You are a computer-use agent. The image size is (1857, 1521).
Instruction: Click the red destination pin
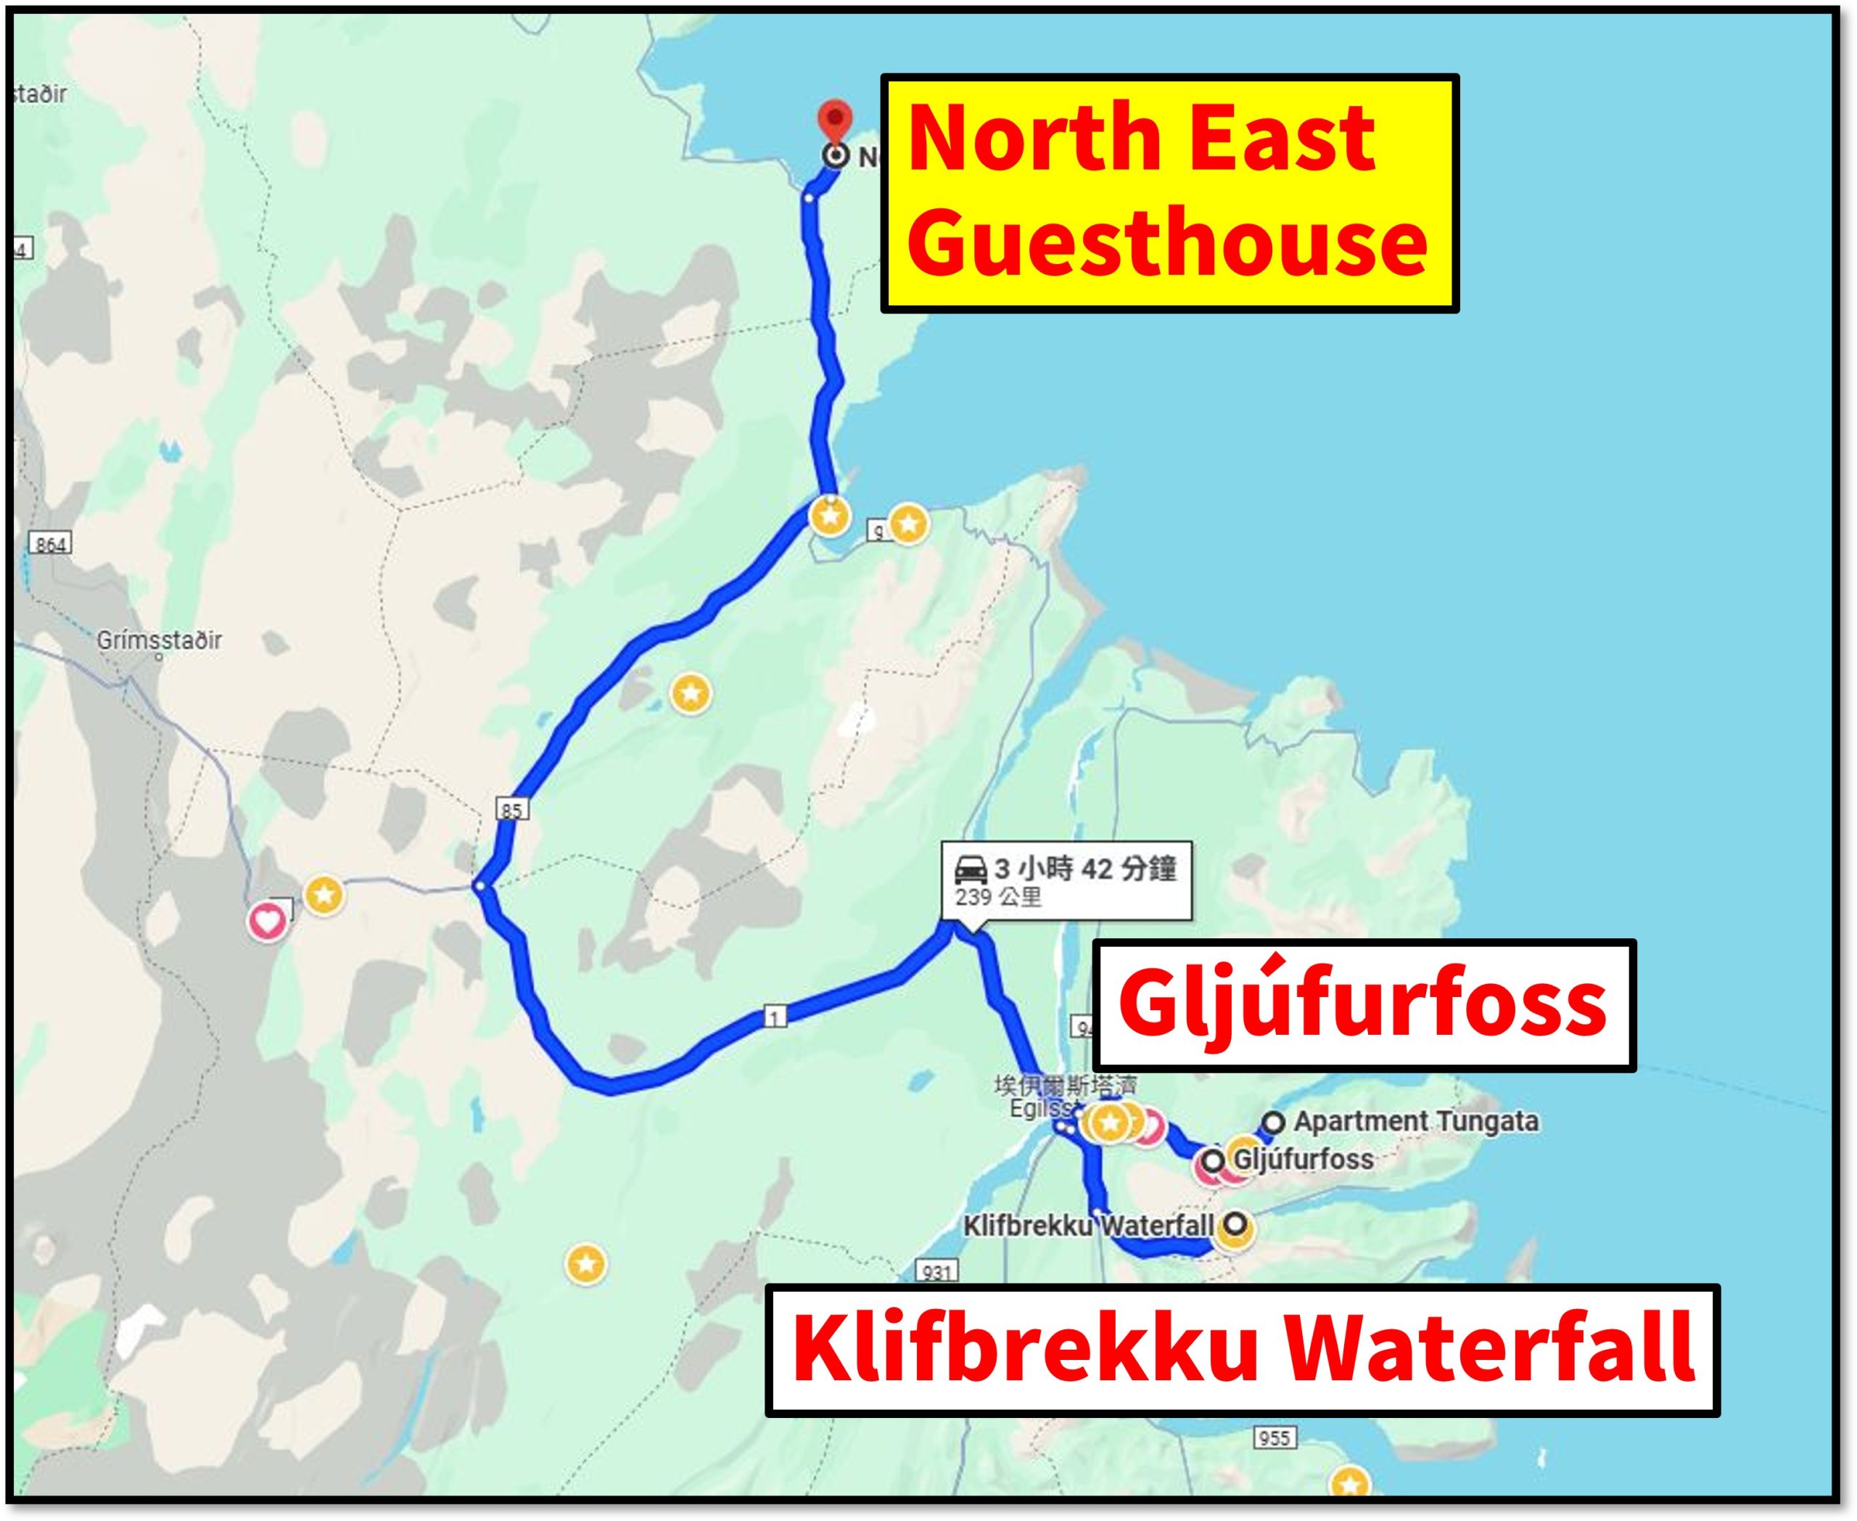coord(835,120)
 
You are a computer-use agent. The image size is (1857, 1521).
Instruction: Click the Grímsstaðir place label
coord(160,641)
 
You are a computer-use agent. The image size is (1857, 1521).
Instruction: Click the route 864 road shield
coord(50,544)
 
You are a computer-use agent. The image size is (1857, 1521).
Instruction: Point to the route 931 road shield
coord(936,1271)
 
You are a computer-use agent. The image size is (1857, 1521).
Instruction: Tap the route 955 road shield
coord(1274,1438)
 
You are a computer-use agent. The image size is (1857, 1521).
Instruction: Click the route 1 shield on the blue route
coord(774,1017)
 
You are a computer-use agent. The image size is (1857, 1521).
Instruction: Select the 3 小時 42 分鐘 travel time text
coord(1084,869)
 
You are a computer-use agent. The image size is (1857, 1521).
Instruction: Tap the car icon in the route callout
coord(971,870)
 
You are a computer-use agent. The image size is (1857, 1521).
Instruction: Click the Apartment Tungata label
coord(1415,1121)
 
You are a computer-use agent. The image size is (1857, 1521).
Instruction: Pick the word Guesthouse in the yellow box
coord(1166,241)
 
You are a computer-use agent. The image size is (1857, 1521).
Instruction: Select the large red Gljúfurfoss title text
coord(1362,1005)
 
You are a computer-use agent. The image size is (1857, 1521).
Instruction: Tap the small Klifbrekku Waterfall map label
coord(1089,1226)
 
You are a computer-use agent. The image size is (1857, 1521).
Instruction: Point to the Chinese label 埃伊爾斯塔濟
coord(1064,1086)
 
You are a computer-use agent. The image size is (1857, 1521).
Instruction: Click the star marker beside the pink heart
coord(324,895)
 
